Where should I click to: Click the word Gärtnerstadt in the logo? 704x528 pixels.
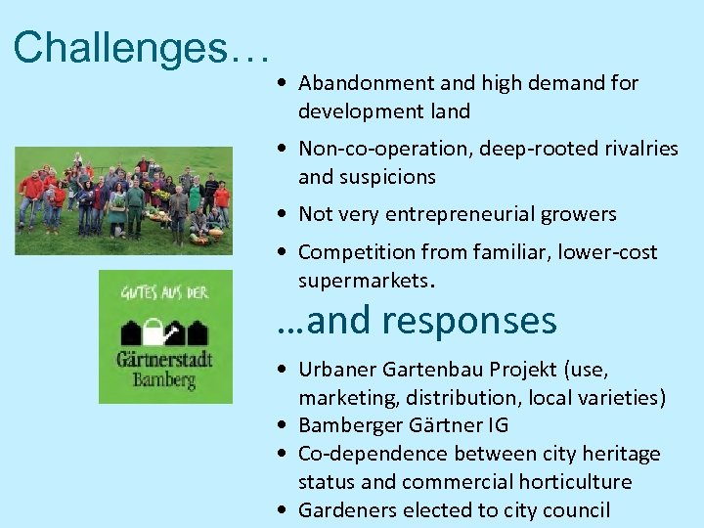(x=164, y=359)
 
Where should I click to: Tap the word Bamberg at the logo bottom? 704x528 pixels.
(x=165, y=380)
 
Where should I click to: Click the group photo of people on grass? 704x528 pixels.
(x=123, y=200)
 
